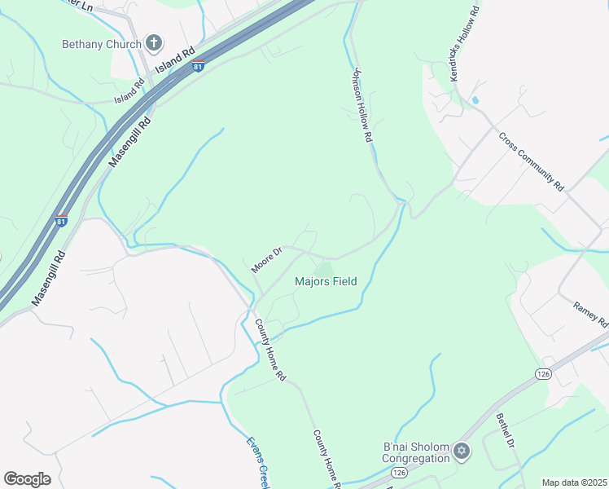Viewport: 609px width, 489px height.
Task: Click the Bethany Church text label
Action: point(102,44)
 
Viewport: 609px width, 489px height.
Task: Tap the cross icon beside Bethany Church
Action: point(153,43)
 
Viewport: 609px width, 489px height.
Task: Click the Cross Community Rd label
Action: point(531,161)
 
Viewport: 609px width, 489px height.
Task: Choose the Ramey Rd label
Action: point(590,314)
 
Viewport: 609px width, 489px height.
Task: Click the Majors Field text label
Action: point(325,282)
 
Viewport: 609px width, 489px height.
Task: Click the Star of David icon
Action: point(462,451)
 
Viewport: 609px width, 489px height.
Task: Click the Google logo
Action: point(27,479)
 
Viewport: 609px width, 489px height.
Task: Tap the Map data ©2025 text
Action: point(573,482)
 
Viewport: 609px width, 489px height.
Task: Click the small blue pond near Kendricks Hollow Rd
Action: point(475,100)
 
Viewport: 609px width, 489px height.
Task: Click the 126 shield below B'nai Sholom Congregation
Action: point(399,472)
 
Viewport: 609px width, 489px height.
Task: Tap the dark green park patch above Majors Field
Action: point(324,269)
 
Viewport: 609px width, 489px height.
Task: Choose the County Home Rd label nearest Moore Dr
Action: point(271,351)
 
